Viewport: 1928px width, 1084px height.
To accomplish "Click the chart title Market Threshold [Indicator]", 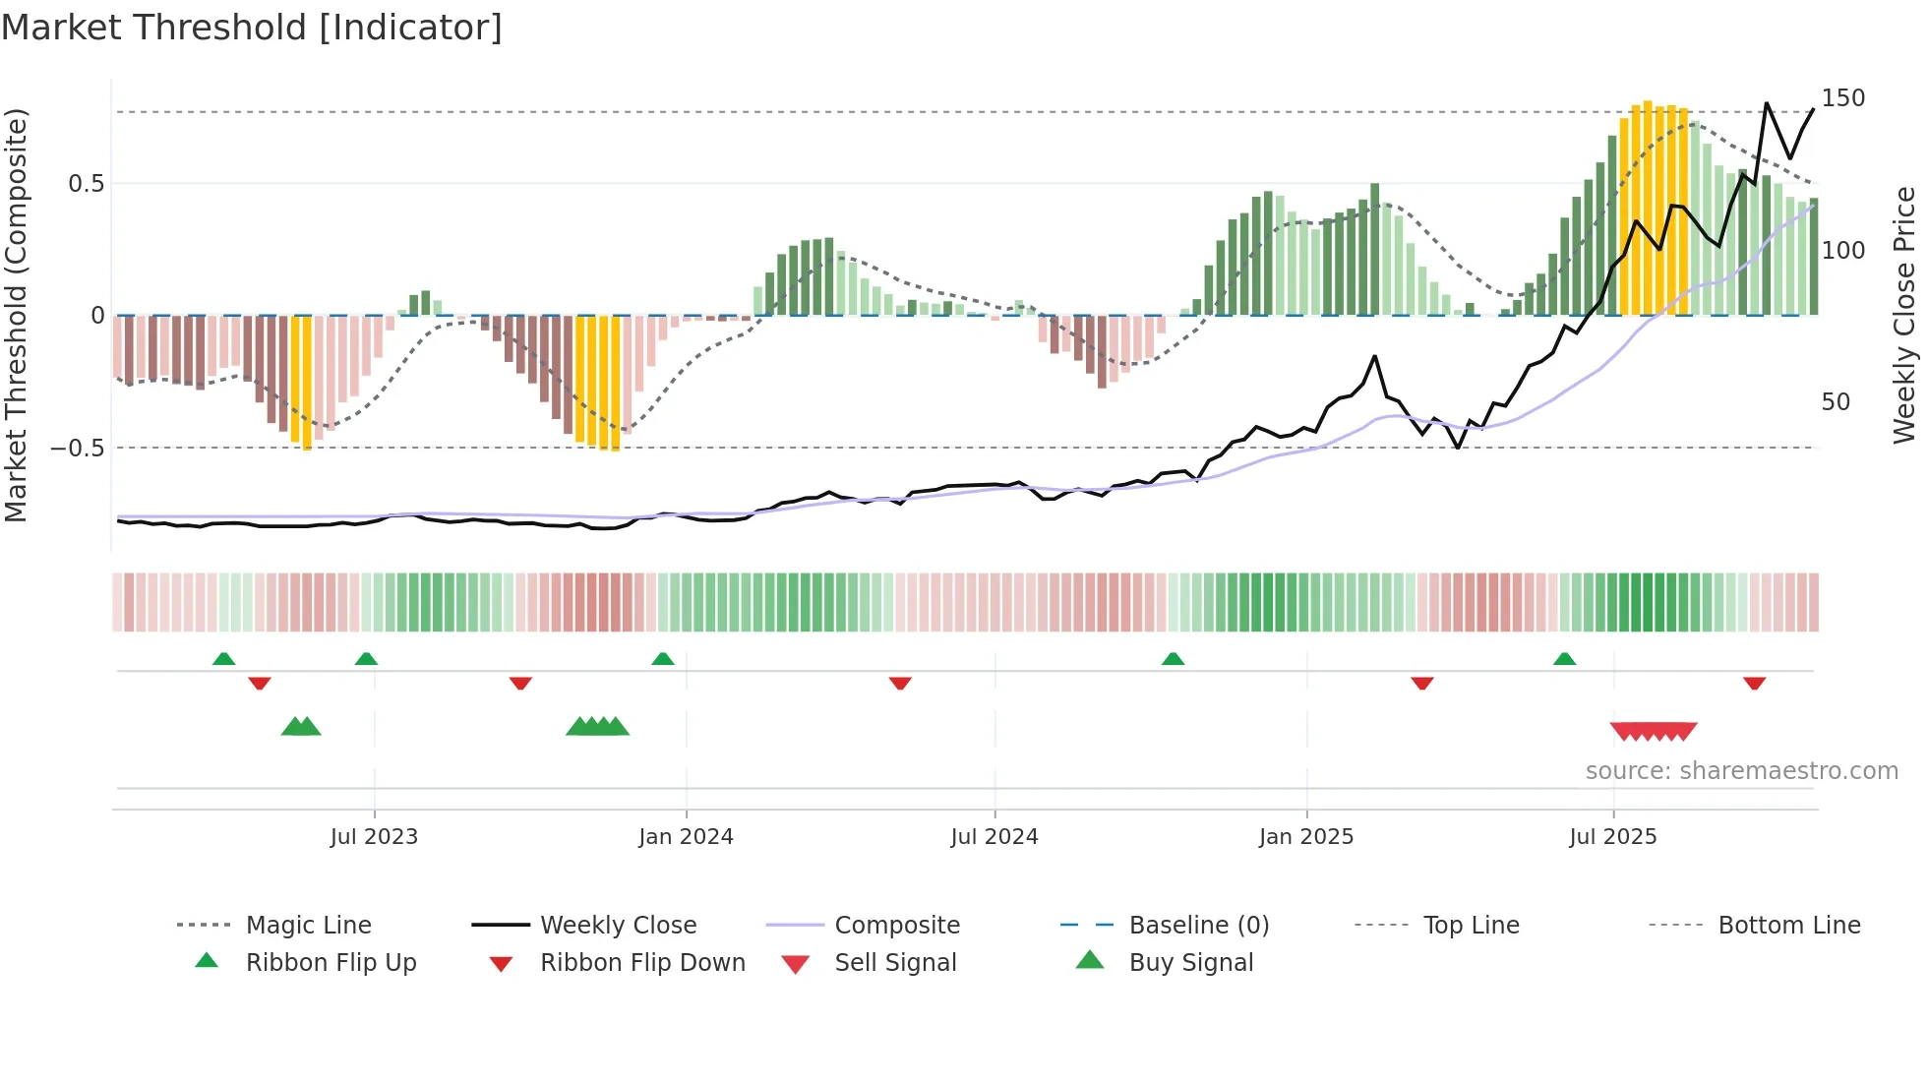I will click(252, 28).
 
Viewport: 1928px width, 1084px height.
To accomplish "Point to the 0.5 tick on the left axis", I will click(86, 184).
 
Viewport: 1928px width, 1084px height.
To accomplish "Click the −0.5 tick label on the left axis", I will click(78, 449).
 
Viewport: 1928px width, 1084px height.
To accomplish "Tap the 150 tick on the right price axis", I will click(1842, 98).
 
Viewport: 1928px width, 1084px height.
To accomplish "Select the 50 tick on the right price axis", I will click(1835, 402).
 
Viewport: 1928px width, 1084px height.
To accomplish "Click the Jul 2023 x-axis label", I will click(374, 837).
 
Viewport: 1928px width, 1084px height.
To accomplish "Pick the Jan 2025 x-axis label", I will click(1305, 837).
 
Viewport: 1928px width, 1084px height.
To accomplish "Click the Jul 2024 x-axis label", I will click(994, 837).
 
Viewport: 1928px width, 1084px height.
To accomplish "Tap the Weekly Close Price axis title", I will click(1904, 315).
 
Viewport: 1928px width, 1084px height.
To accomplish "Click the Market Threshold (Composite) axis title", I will click(16, 315).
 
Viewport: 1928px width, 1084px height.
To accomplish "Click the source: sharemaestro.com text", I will click(1741, 771).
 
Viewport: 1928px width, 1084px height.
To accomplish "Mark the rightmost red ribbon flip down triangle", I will click(1754, 683).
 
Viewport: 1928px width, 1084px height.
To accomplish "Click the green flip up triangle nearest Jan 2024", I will click(663, 659).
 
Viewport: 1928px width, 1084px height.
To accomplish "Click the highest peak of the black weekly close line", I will click(1767, 103).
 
